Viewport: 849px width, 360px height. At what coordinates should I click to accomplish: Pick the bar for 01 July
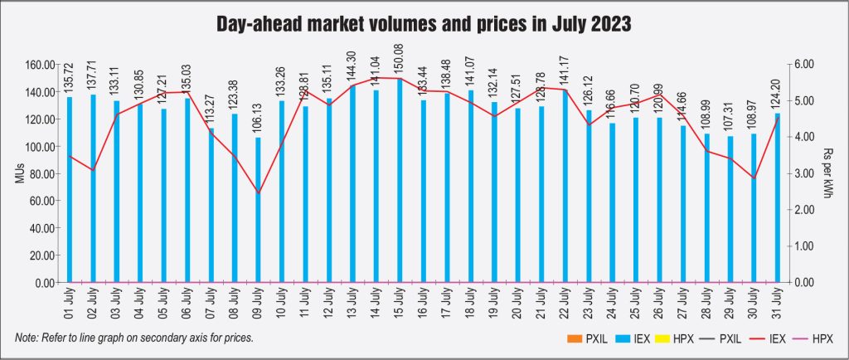click(69, 190)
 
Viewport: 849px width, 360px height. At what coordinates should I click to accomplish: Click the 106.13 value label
click(258, 116)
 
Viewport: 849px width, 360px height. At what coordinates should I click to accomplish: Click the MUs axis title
click(18, 173)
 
